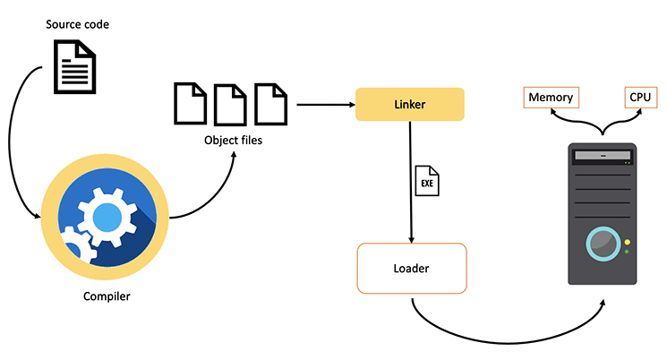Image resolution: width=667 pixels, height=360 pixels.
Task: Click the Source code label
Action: (x=78, y=23)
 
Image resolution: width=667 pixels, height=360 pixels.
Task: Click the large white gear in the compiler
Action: (x=107, y=216)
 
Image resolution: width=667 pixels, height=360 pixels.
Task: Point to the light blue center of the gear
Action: (x=107, y=217)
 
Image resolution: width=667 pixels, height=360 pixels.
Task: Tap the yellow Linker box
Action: (x=409, y=104)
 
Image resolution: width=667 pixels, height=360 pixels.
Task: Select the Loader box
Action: (x=411, y=268)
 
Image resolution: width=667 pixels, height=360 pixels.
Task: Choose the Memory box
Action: (x=551, y=97)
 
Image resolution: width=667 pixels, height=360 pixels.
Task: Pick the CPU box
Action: (x=641, y=97)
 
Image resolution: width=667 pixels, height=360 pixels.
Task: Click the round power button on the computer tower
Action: (x=602, y=243)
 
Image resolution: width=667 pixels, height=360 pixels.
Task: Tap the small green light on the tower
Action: (x=627, y=252)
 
